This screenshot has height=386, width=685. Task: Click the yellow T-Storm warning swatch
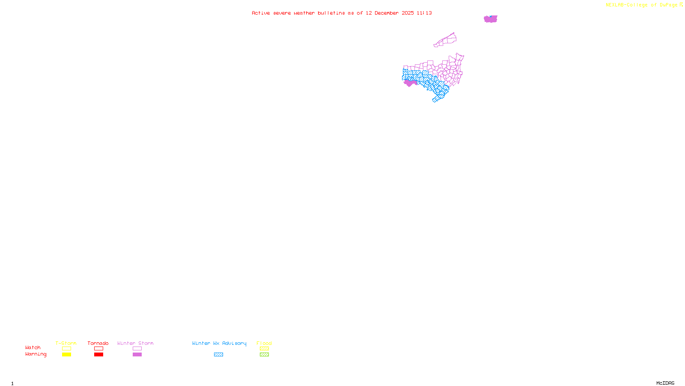pyautogui.click(x=66, y=355)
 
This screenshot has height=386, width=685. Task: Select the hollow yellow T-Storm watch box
pyautogui.click(x=66, y=349)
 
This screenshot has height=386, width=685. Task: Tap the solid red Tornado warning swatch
pyautogui.click(x=98, y=355)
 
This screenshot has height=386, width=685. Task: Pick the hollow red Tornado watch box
pyautogui.click(x=98, y=349)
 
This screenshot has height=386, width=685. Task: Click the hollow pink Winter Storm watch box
pyautogui.click(x=137, y=349)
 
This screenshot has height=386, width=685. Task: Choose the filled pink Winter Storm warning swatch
pyautogui.click(x=137, y=355)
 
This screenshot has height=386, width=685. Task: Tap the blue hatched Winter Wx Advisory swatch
pyautogui.click(x=218, y=355)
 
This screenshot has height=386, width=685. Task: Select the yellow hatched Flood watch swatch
pyautogui.click(x=264, y=349)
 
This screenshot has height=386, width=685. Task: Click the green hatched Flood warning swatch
pyautogui.click(x=264, y=355)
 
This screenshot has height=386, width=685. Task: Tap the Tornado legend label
pyautogui.click(x=98, y=343)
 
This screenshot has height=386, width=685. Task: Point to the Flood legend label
pyautogui.click(x=264, y=343)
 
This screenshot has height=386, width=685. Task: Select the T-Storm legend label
pyautogui.click(x=66, y=343)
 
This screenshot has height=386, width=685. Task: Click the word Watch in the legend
pyautogui.click(x=33, y=348)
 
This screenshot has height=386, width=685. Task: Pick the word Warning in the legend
pyautogui.click(x=36, y=354)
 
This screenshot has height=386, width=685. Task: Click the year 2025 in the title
pyautogui.click(x=408, y=13)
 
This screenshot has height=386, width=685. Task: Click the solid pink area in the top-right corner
pyautogui.click(x=491, y=19)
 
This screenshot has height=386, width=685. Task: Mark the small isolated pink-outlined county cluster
pyautogui.click(x=446, y=40)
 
